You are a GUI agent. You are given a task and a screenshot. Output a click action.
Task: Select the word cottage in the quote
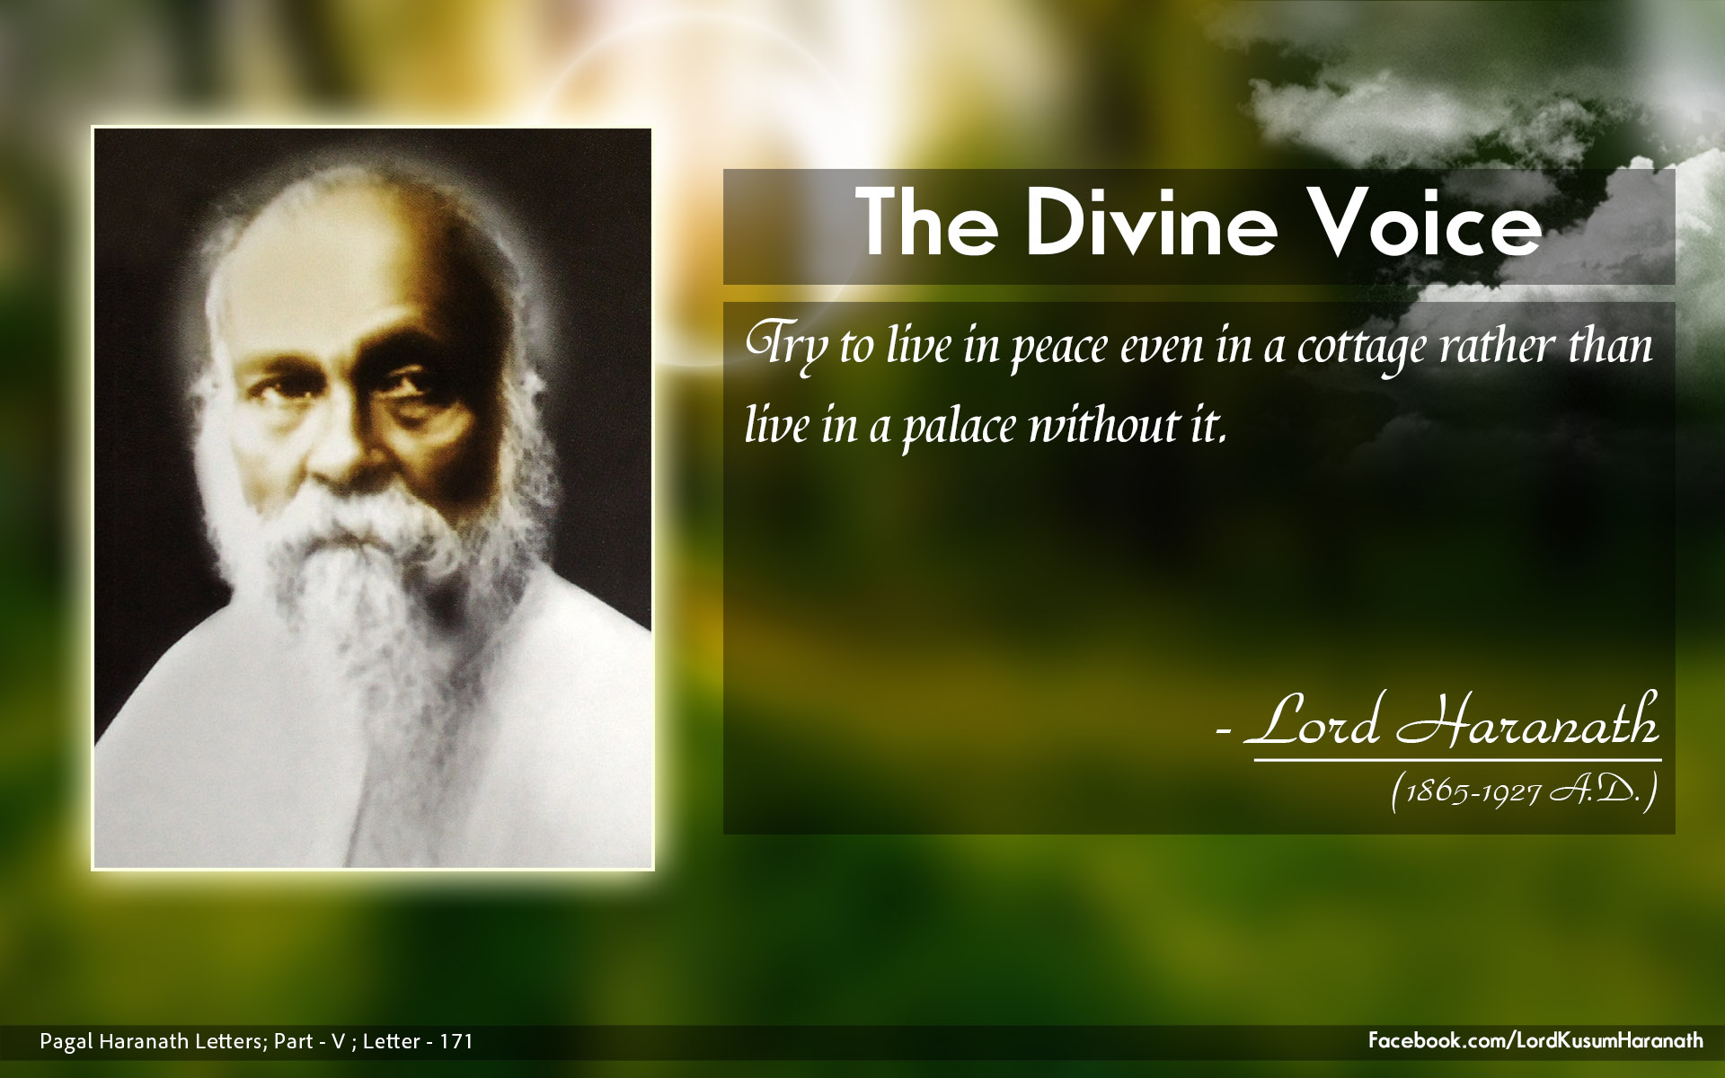coord(1362,349)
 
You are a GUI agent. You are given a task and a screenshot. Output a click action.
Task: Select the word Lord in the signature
coord(1313,723)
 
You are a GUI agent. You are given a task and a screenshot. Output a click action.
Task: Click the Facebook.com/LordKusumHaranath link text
coord(1535,1040)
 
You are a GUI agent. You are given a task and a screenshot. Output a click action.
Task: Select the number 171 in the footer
coord(456,1041)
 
